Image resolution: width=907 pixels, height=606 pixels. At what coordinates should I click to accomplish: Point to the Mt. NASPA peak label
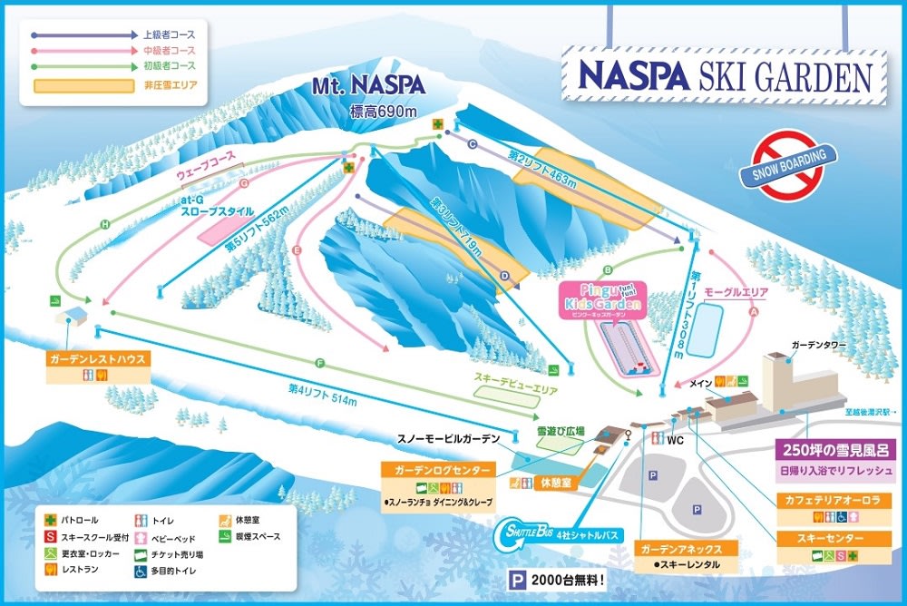click(x=368, y=87)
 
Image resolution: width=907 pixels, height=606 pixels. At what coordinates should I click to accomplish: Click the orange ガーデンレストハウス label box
click(x=98, y=359)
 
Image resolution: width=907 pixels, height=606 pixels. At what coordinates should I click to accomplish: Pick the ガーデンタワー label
click(x=819, y=346)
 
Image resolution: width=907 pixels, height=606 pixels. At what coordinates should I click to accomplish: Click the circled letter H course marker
click(x=105, y=224)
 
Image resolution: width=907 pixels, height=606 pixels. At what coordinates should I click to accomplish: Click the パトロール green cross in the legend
click(x=53, y=521)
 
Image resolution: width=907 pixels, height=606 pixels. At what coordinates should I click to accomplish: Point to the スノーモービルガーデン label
click(x=448, y=439)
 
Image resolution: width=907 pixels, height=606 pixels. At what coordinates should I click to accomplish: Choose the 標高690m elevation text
click(x=384, y=112)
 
